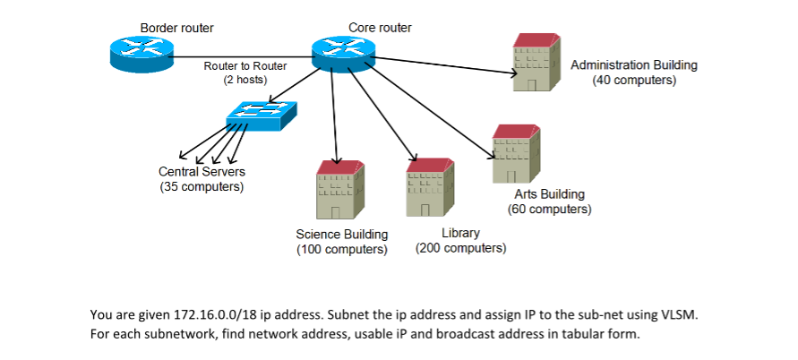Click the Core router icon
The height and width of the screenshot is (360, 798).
345,56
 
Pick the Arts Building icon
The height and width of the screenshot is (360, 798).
517,153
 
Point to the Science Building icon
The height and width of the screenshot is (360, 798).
340,190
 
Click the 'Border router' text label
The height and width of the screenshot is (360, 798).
176,28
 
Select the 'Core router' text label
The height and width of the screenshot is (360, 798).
380,28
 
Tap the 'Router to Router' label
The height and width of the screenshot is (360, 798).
245,66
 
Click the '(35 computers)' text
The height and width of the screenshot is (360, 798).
202,187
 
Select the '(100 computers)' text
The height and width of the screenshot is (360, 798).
341,249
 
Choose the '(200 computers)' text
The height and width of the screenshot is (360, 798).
461,248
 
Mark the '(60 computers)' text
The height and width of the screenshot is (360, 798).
549,209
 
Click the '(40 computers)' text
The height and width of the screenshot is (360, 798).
634,80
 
